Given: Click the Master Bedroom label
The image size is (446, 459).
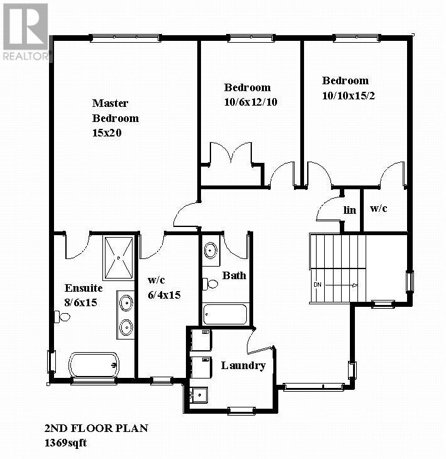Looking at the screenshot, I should [115, 110].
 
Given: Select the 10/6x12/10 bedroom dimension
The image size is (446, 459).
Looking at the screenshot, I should [251, 102].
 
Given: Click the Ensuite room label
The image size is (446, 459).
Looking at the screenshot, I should [84, 288].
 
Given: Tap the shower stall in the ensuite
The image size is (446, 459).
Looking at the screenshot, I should [118, 257].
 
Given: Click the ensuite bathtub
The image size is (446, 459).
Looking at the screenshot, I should [94, 364].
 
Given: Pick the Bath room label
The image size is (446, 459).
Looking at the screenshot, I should [234, 275].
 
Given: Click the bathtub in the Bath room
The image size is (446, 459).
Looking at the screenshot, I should [225, 314].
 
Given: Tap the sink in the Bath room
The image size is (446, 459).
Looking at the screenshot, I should [210, 250].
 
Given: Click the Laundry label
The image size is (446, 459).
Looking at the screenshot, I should [243, 365].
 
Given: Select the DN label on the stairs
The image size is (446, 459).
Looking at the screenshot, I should [317, 285].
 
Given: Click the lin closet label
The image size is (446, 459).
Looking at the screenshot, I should [350, 210].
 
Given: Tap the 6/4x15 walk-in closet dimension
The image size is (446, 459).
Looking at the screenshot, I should [164, 294].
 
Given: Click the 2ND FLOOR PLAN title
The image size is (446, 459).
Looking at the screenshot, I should [96, 429].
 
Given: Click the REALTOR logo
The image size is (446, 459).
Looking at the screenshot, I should [25, 31].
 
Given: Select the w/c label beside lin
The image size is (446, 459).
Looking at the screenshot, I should [378, 208].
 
